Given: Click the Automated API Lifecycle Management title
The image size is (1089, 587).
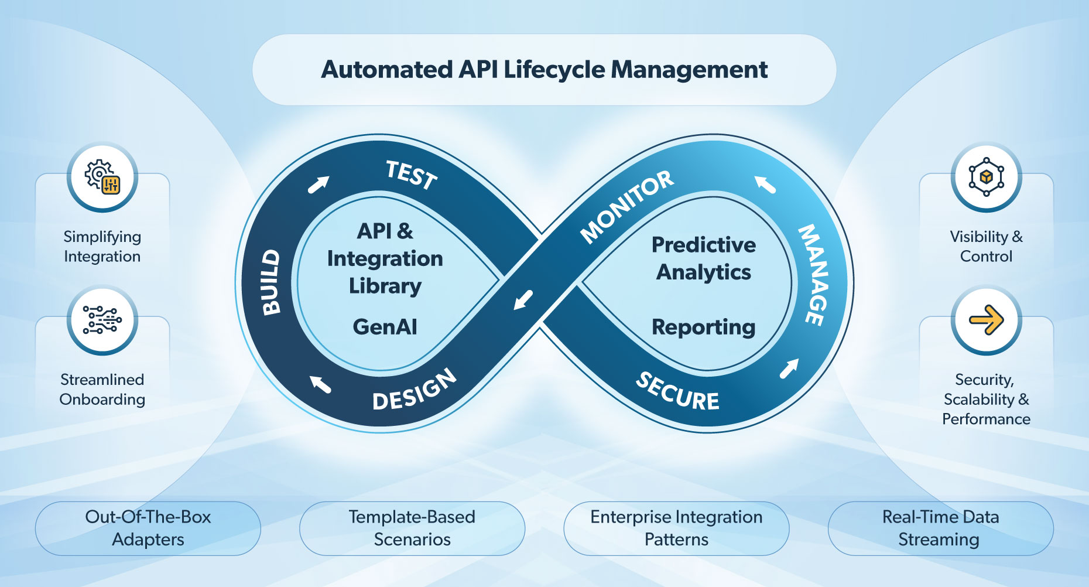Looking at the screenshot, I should click(x=544, y=70).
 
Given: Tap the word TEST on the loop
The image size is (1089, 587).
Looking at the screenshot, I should click(x=412, y=175).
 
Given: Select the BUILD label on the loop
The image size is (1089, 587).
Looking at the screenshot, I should click(x=270, y=282).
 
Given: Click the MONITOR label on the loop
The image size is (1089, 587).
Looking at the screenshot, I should click(x=626, y=206).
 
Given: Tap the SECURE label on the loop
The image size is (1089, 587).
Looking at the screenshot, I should click(x=677, y=392).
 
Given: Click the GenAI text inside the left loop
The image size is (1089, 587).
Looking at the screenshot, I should click(x=385, y=327).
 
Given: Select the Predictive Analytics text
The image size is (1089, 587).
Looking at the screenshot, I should click(x=704, y=258).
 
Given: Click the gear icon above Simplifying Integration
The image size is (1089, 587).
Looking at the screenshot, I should click(x=102, y=178).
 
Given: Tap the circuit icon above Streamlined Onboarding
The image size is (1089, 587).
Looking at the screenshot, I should click(x=102, y=320).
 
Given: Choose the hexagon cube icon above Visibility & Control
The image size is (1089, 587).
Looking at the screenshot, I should click(x=986, y=177).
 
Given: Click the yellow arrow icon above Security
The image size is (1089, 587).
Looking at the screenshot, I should click(x=986, y=320).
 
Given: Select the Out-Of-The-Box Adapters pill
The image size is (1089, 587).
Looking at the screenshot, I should click(x=148, y=528).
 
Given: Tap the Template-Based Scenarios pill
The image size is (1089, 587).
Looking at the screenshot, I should click(x=412, y=528).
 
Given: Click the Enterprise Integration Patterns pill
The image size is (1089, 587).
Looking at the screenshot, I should click(x=676, y=528).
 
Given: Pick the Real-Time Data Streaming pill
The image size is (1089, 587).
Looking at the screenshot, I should click(x=940, y=528).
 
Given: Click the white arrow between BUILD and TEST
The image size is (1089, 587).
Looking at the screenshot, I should click(x=319, y=185).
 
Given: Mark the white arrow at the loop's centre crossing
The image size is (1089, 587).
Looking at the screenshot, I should click(x=523, y=299).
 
